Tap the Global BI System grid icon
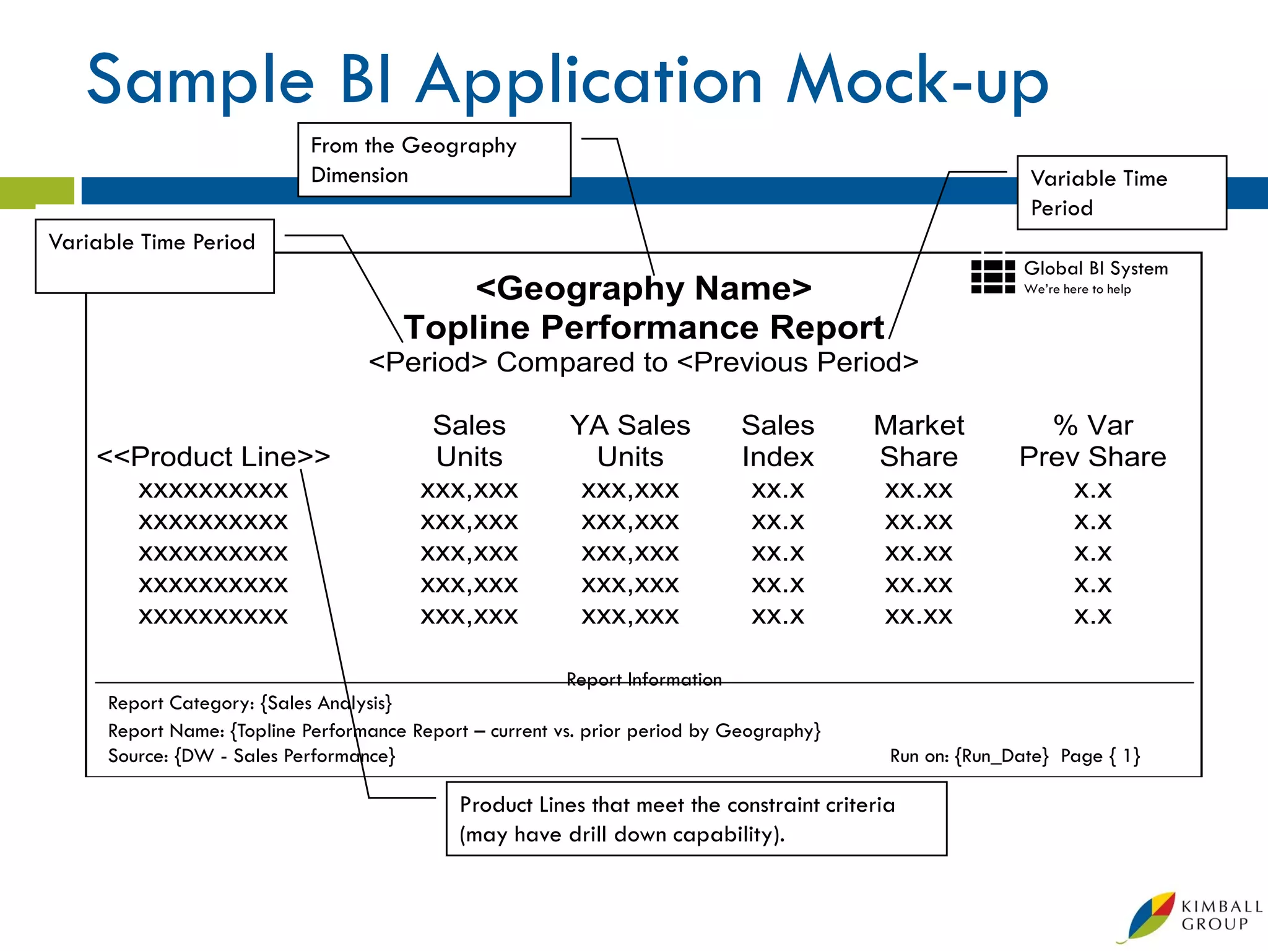click(x=992, y=277)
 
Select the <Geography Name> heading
click(x=643, y=288)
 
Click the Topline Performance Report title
click(x=643, y=327)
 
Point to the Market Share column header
click(x=919, y=441)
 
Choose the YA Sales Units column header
click(x=630, y=441)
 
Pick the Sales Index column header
click(x=778, y=441)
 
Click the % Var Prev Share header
click(x=1093, y=441)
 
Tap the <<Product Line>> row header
click(x=214, y=457)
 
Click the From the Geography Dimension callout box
click(x=434, y=160)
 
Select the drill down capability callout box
click(x=696, y=819)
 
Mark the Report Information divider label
click(x=644, y=680)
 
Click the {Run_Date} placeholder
click(x=1002, y=756)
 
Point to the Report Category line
click(x=250, y=703)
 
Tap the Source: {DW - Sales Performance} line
click(x=251, y=756)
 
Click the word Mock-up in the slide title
click(x=918, y=80)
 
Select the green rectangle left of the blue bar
click(x=37, y=191)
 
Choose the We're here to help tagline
click(x=1077, y=289)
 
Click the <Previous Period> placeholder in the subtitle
click(x=797, y=362)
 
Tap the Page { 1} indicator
click(x=1100, y=756)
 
